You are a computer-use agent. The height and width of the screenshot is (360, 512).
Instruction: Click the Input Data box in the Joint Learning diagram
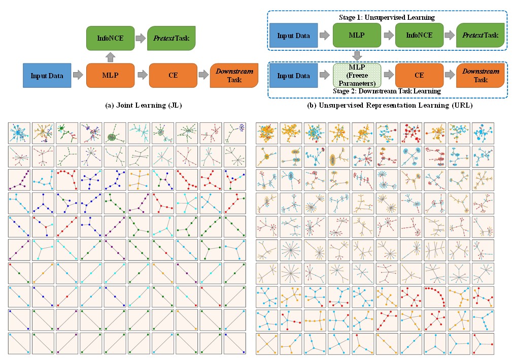click(x=47, y=76)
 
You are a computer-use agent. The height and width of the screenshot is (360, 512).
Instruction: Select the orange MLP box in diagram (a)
click(x=110, y=76)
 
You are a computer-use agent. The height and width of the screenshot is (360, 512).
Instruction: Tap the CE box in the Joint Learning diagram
click(x=173, y=76)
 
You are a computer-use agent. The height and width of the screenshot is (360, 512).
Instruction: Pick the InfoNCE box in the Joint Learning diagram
click(x=110, y=38)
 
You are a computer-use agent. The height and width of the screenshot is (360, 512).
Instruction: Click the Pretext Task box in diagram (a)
click(x=171, y=38)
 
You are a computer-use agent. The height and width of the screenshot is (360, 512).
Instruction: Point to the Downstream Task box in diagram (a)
click(x=234, y=76)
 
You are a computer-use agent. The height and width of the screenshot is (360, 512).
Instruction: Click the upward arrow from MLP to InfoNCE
click(x=110, y=56)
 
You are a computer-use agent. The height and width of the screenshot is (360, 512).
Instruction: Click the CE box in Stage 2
click(x=419, y=75)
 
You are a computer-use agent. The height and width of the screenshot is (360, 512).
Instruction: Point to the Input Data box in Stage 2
click(x=293, y=76)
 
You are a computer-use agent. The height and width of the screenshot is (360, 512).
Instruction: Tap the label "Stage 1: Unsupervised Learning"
click(x=387, y=18)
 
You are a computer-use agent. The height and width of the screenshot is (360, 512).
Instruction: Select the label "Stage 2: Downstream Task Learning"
click(x=387, y=91)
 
